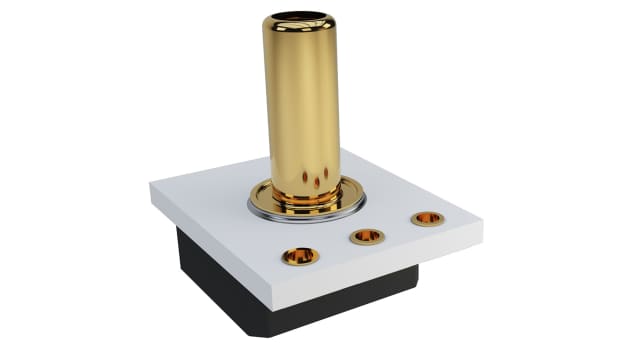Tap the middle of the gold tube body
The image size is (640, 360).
click(x=299, y=100)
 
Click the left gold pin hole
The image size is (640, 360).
click(x=300, y=255)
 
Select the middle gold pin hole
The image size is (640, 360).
click(x=367, y=236)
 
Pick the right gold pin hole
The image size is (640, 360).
click(x=427, y=218)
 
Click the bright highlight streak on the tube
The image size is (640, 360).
click(x=284, y=100)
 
